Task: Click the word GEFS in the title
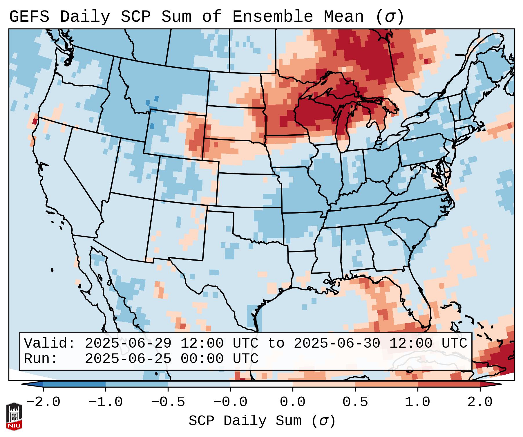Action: click(x=29, y=17)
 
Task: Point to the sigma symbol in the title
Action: click(x=390, y=17)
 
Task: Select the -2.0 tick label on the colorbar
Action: click(x=43, y=402)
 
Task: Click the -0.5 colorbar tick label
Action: click(x=168, y=402)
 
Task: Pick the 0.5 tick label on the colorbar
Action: click(x=355, y=402)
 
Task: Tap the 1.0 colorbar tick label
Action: click(x=417, y=402)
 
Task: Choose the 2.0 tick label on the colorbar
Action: click(x=480, y=402)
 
